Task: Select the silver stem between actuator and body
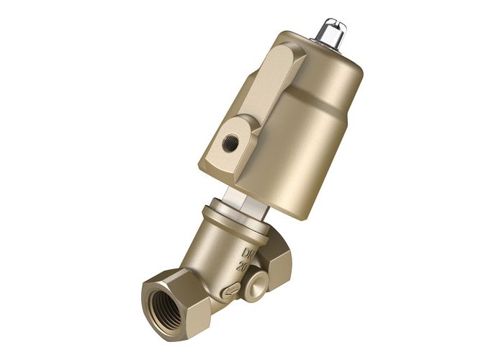click(x=238, y=197)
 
